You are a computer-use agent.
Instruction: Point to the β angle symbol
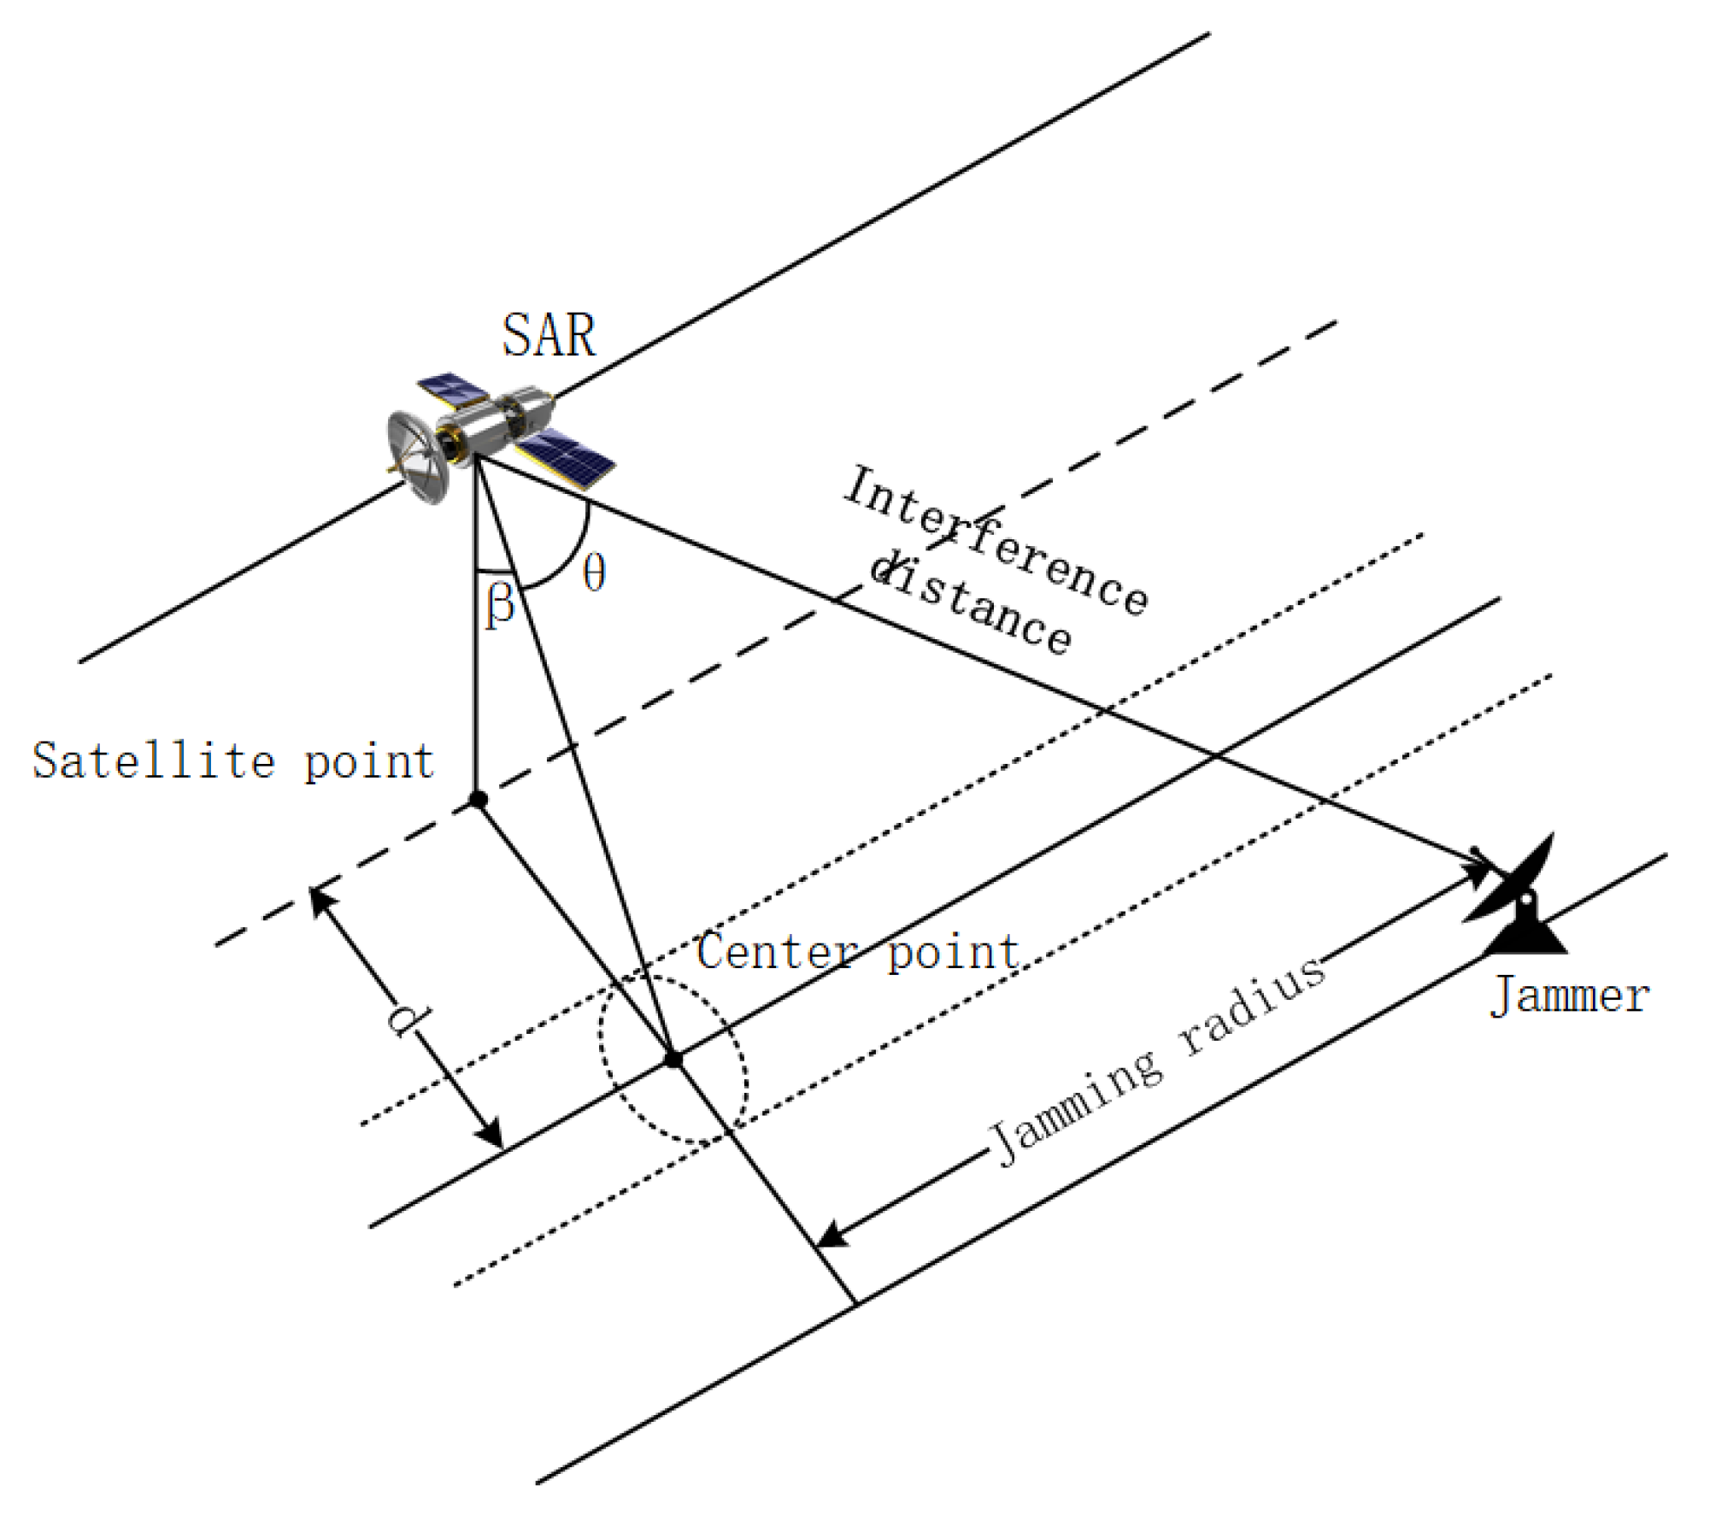pos(500,605)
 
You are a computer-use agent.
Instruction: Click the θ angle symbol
pos(594,572)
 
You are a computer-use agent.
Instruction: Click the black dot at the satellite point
pos(479,799)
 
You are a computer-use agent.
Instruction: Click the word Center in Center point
pos(776,951)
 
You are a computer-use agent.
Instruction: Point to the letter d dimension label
pos(408,1019)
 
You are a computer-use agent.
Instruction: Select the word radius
pos(1252,1004)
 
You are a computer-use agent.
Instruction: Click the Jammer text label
pos(1569,995)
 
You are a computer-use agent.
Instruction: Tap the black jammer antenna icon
pos(1517,902)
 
